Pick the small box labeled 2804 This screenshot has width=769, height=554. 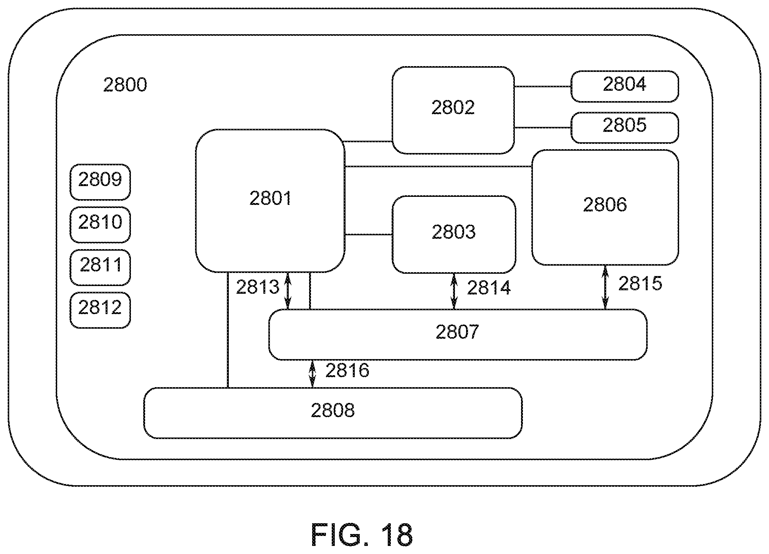pyautogui.click(x=625, y=86)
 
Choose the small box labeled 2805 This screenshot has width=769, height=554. pyautogui.click(x=625, y=127)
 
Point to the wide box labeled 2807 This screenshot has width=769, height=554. pyautogui.click(x=457, y=334)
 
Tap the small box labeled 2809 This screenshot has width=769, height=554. pyautogui.click(x=100, y=182)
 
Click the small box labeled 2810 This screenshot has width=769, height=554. pyautogui.click(x=100, y=225)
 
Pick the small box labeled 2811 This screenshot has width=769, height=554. pyautogui.click(x=100, y=267)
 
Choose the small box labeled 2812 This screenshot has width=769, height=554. pyautogui.click(x=100, y=310)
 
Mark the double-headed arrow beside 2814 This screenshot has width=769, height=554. pyautogui.click(x=454, y=291)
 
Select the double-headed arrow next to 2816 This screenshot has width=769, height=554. pyautogui.click(x=312, y=373)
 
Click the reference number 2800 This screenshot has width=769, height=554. pyautogui.click(x=125, y=85)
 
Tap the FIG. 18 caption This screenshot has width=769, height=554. pyautogui.click(x=362, y=535)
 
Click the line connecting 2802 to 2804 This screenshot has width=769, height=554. pyautogui.click(x=542, y=87)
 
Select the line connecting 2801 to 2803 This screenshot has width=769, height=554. pyautogui.click(x=368, y=235)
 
